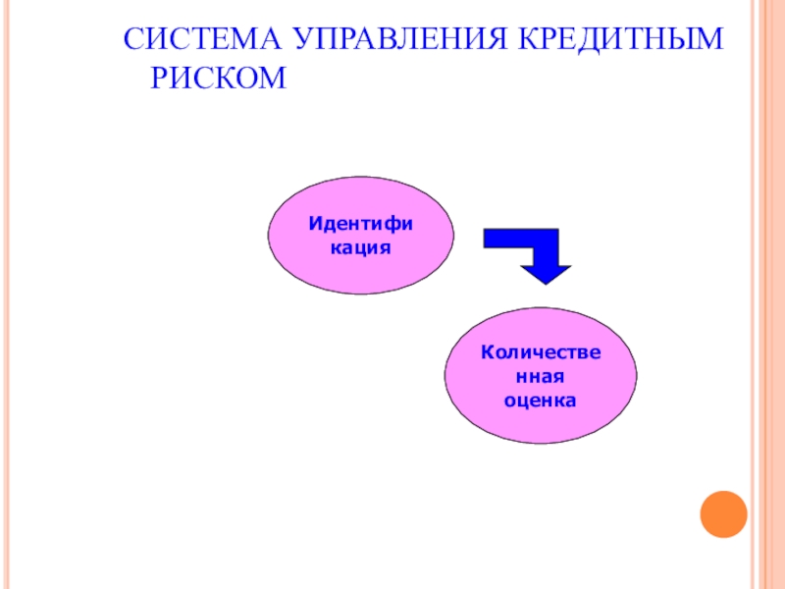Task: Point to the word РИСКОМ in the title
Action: pos(218,78)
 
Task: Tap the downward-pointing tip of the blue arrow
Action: pos(547,276)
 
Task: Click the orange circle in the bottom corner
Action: pos(723,513)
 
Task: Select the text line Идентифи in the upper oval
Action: pos(361,225)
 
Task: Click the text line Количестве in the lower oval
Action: pos(540,352)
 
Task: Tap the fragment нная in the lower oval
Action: pos(540,376)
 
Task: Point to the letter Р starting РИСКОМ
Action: pos(160,78)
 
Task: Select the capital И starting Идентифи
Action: pos(315,225)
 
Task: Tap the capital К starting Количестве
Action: pos(486,352)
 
